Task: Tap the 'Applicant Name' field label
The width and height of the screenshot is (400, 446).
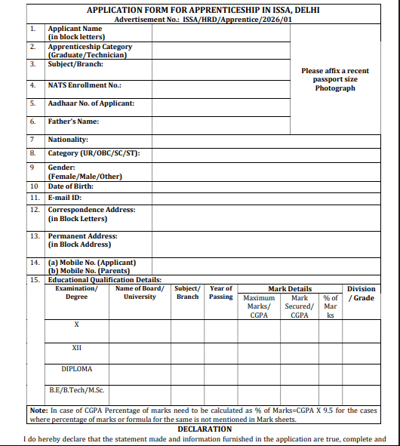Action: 75,29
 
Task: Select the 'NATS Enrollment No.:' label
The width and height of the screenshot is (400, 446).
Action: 85,85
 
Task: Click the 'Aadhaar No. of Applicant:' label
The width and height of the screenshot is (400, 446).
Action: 91,103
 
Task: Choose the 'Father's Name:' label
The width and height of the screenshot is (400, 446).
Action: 74,121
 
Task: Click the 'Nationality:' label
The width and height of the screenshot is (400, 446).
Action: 68,140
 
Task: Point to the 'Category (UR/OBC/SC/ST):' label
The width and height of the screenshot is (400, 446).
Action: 94,153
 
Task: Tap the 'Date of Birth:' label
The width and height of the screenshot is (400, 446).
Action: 72,186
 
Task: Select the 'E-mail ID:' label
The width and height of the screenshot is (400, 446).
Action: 66,198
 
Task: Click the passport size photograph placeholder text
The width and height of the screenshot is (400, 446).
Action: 335,79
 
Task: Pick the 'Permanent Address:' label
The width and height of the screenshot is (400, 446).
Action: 83,236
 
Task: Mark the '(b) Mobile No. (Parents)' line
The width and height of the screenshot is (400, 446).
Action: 89,271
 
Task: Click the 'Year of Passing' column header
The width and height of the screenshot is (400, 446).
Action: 221,293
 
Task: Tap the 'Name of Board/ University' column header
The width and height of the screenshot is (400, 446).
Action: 140,293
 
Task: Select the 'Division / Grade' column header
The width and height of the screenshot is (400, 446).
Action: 361,293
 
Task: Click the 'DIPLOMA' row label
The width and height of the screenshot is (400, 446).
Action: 77,369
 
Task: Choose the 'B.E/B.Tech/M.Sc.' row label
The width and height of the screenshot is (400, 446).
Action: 77,391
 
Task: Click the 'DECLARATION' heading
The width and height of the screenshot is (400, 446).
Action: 205,429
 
